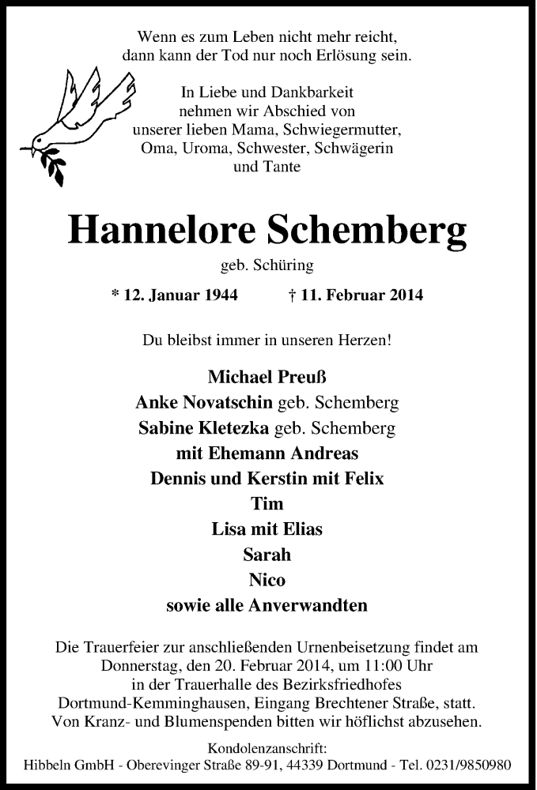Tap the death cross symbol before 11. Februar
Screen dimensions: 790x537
(x=293, y=295)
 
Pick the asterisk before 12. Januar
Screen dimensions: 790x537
(x=115, y=295)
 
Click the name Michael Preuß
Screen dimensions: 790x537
(x=267, y=378)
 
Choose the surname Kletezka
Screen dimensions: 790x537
(x=226, y=429)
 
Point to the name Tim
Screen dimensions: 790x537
(x=267, y=504)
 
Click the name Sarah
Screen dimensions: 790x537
(x=267, y=555)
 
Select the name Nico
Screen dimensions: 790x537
(x=267, y=581)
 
